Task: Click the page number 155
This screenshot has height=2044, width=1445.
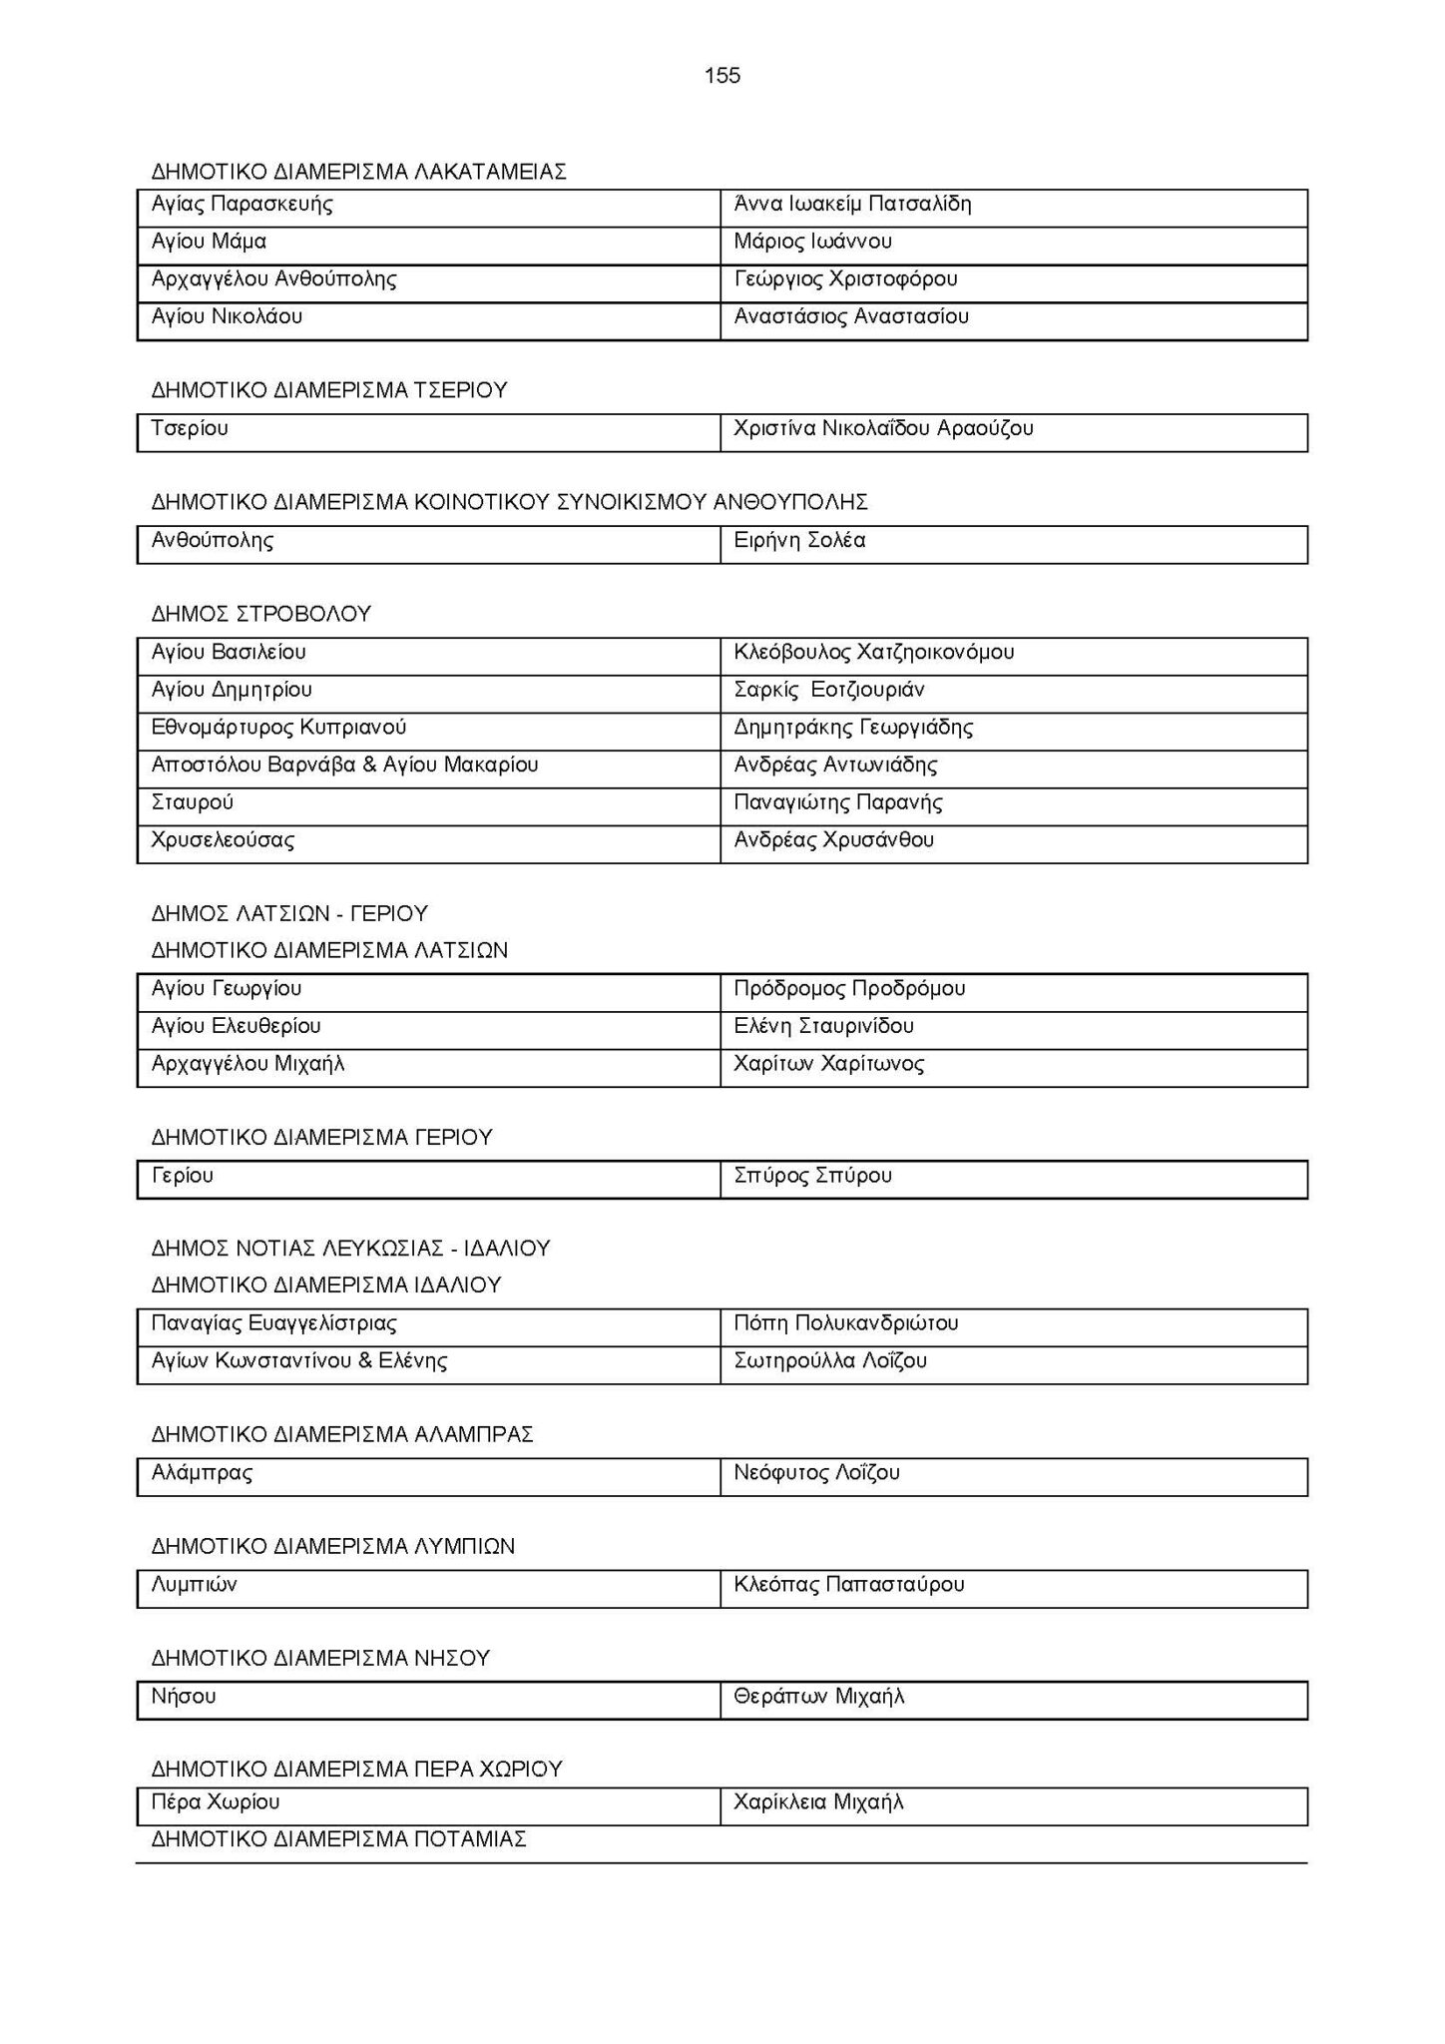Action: pos(722,76)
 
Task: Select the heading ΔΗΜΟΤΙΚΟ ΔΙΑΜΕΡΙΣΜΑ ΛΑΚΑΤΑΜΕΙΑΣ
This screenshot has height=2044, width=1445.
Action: pos(359,172)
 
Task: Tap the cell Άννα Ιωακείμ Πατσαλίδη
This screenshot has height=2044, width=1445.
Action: pos(852,205)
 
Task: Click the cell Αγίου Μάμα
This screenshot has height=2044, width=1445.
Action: pos(209,242)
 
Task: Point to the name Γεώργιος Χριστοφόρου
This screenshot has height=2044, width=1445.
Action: pos(845,279)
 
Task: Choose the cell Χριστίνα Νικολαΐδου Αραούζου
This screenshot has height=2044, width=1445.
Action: pos(883,429)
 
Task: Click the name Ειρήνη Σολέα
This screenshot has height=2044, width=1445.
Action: pos(799,541)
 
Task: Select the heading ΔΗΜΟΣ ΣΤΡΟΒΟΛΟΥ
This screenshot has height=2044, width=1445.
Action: pos(261,614)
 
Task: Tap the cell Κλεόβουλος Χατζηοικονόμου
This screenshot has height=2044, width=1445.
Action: pos(873,653)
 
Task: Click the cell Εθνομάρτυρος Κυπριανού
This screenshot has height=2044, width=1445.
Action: pos(278,728)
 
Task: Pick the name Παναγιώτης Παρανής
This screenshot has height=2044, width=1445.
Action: pos(837,802)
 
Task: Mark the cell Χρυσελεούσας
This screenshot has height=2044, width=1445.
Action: pos(223,840)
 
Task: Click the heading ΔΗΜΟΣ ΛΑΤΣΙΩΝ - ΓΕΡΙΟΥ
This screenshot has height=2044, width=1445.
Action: pos(289,913)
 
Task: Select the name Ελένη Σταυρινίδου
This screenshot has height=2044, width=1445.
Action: pos(823,1026)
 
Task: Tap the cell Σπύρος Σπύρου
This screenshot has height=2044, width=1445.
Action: pos(812,1176)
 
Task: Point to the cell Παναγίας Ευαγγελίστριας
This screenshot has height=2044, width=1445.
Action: pos(273,1323)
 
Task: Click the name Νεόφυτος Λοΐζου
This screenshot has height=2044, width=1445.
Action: pos(816,1473)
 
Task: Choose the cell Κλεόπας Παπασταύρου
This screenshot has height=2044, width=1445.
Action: pos(848,1585)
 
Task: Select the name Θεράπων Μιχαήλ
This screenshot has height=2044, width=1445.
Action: pos(818,1697)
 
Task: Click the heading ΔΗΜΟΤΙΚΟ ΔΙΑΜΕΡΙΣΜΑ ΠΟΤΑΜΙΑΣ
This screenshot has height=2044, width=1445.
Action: pos(339,1839)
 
